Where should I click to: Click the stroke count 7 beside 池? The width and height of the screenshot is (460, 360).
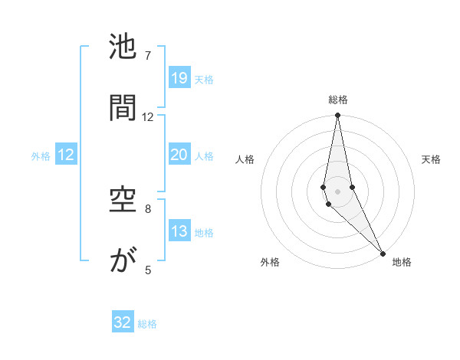click(148, 56)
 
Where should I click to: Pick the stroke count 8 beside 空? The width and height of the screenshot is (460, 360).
click(148, 208)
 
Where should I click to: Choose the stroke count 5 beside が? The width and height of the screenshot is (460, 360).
click(148, 270)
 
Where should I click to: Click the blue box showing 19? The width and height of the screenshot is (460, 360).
click(179, 78)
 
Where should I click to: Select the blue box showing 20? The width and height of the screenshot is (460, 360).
click(179, 155)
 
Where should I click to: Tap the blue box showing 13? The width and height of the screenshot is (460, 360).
click(179, 231)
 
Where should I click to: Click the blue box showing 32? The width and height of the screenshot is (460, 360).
click(123, 322)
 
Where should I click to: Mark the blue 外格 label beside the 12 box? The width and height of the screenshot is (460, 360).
click(41, 155)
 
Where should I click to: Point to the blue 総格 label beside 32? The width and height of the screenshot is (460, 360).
click(147, 324)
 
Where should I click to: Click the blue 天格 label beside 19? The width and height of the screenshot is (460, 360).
click(204, 79)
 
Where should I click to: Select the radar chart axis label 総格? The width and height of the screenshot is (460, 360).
click(338, 100)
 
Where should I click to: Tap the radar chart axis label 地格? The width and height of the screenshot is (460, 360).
click(402, 262)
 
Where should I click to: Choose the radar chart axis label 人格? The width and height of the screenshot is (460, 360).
click(245, 159)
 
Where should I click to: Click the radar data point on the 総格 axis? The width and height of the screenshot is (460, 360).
click(338, 116)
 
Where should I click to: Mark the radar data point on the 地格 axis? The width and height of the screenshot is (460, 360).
click(383, 253)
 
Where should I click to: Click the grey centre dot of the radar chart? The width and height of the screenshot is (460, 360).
click(338, 191)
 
